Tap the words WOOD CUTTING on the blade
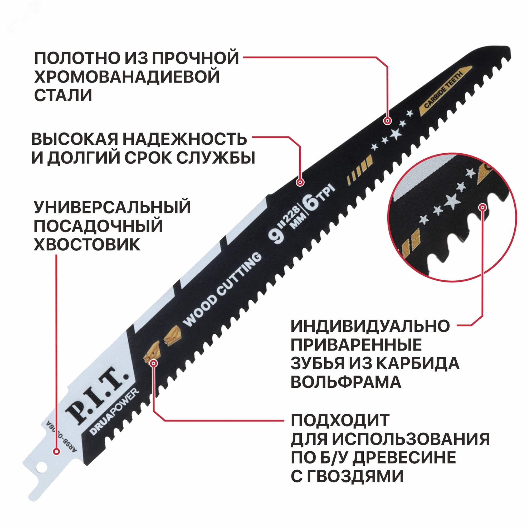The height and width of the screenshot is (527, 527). point(222,290)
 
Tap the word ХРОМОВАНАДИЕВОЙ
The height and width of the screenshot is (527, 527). point(127,77)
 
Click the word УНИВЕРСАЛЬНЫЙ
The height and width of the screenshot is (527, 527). point(112,208)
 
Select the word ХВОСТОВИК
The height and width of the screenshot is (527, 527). point(87,245)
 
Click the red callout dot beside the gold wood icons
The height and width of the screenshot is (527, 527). point(154,363)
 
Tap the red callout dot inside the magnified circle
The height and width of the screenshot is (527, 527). point(483,207)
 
